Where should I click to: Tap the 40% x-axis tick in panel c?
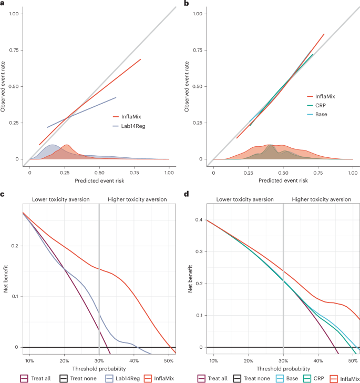pos(134,360)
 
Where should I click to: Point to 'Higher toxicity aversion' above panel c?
pos(137,199)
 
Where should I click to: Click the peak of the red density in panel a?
pos(66,145)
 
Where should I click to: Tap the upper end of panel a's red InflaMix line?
pos(141,59)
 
